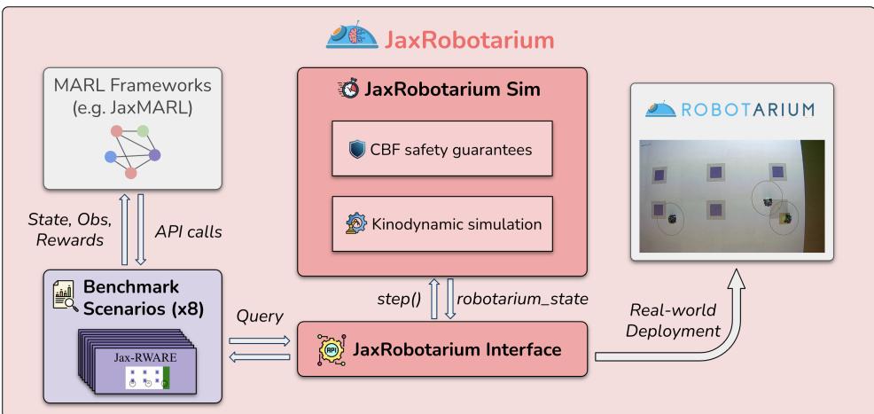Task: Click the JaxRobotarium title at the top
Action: point(471,38)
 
